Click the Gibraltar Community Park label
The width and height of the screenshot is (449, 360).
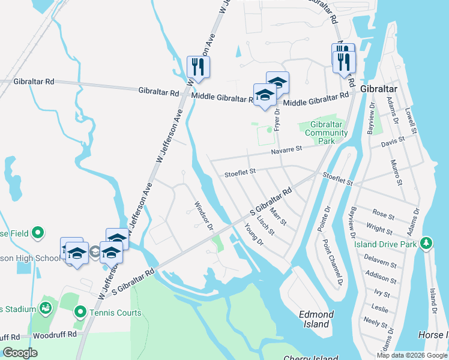pos(325,133)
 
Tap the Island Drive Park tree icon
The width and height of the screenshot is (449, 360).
pos(426,242)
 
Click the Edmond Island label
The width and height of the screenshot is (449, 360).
pos(316,319)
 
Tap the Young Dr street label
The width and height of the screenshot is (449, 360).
pos(255,234)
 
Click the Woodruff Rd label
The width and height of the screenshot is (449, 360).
pos(55,334)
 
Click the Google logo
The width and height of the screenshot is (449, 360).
pos(20,353)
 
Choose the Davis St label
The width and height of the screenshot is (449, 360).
pos(393,142)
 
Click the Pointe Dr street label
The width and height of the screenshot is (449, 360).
pos(327,218)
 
